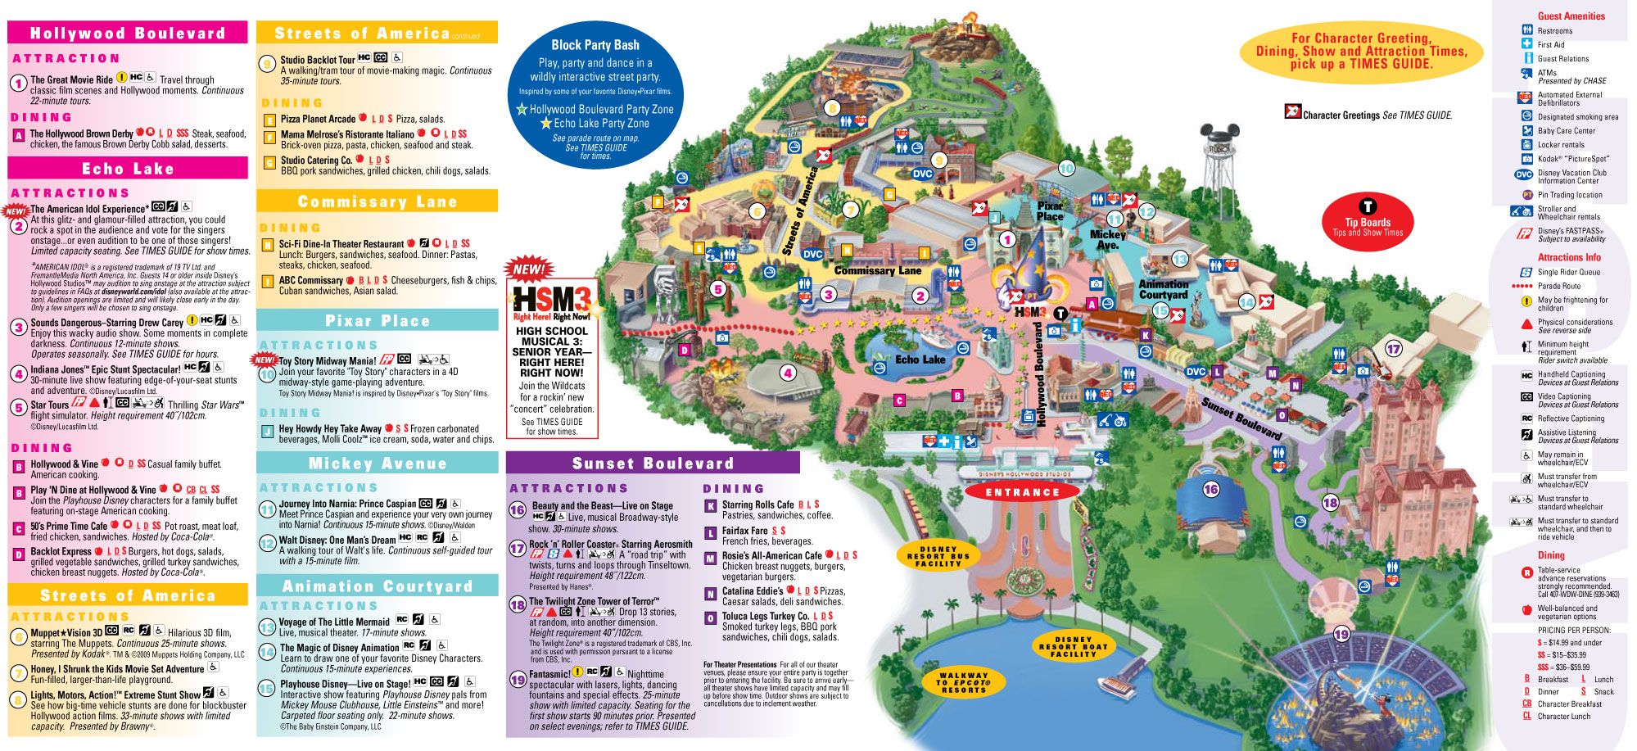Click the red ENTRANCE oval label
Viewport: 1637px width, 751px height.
(1022, 492)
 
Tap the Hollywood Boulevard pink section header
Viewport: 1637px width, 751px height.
(128, 34)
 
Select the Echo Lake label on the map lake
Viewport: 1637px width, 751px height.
(920, 360)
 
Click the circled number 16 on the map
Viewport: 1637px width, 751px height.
(1210, 490)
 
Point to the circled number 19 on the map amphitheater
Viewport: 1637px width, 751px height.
(1341, 634)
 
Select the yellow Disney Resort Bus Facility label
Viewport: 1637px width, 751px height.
(938, 556)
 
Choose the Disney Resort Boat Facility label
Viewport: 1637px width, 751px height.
(1073, 646)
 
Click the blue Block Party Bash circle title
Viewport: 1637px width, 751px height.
(595, 45)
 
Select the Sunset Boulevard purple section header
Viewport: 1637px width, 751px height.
(653, 464)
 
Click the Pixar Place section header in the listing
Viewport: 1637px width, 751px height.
(378, 320)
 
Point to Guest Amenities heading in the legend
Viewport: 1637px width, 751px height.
(1571, 16)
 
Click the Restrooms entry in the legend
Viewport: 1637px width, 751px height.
(1554, 31)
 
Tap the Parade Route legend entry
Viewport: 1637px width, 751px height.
(1558, 286)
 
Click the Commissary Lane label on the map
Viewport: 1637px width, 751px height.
(877, 270)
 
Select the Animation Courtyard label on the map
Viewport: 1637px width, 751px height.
(1163, 289)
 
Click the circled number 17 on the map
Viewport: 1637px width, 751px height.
(1393, 349)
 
